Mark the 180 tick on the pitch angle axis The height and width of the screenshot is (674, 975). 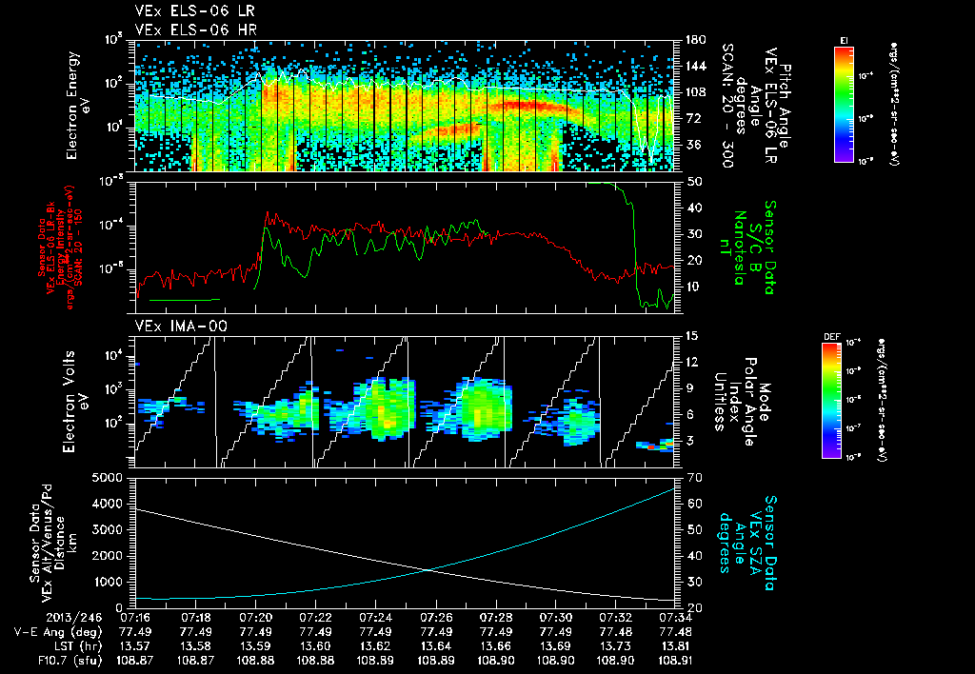click(x=693, y=40)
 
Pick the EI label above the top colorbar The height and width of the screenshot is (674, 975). click(x=844, y=39)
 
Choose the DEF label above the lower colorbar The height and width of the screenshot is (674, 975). click(x=830, y=336)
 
